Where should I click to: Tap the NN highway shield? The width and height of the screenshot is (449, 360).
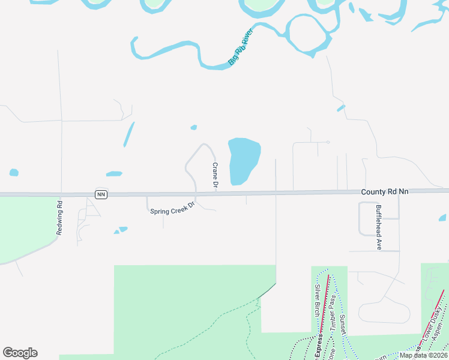pyautogui.click(x=101, y=194)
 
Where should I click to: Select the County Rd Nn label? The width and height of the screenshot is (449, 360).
pyautogui.click(x=385, y=191)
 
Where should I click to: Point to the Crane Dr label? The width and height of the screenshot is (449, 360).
pyautogui.click(x=214, y=176)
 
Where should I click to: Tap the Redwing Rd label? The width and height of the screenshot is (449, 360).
pyautogui.click(x=59, y=217)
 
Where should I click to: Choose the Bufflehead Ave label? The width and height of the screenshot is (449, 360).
pyautogui.click(x=378, y=227)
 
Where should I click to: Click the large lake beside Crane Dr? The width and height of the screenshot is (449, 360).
pyautogui.click(x=244, y=160)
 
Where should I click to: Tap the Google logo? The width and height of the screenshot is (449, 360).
pyautogui.click(x=20, y=353)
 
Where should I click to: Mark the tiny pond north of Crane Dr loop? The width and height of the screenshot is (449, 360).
pyautogui.click(x=193, y=127)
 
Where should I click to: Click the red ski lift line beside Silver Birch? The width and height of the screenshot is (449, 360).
pyautogui.click(x=324, y=306)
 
